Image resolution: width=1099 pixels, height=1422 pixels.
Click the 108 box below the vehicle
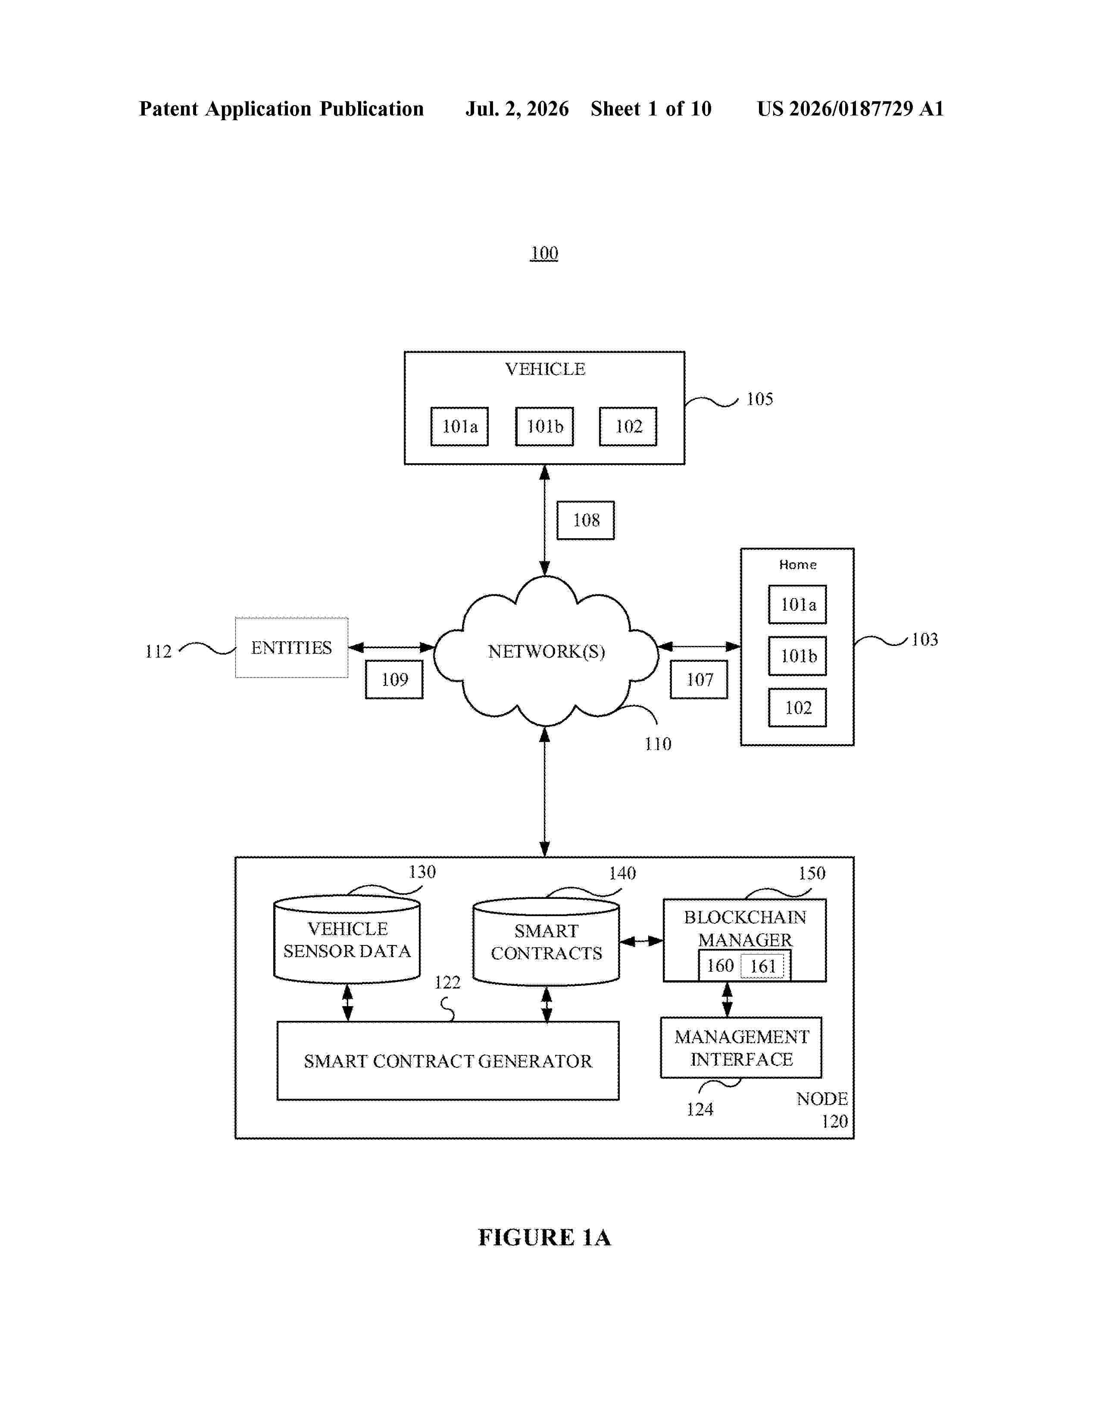click(x=585, y=520)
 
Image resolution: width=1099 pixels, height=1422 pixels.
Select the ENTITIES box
click(x=292, y=648)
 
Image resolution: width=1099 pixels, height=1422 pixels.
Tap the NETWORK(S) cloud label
click(x=546, y=652)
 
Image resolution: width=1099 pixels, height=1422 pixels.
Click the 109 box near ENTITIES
click(x=394, y=680)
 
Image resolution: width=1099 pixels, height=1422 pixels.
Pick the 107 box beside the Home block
click(x=699, y=680)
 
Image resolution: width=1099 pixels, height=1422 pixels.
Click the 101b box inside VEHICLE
click(x=544, y=427)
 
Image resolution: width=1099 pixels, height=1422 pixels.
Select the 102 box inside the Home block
click(x=798, y=708)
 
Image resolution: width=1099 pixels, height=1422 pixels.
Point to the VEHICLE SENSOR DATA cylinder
click(x=347, y=939)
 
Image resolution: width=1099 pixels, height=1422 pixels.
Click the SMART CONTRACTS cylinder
click(x=546, y=942)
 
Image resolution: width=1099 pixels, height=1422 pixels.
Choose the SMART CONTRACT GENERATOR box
click(x=448, y=1060)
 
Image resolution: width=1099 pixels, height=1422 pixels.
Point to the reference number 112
click(x=158, y=652)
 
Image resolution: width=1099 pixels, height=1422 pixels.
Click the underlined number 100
click(x=544, y=253)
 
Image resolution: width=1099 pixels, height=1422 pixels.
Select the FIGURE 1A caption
click(x=545, y=1238)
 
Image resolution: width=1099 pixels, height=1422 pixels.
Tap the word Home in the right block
click(x=798, y=564)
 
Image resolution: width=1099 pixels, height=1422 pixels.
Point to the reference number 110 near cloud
click(x=658, y=744)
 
